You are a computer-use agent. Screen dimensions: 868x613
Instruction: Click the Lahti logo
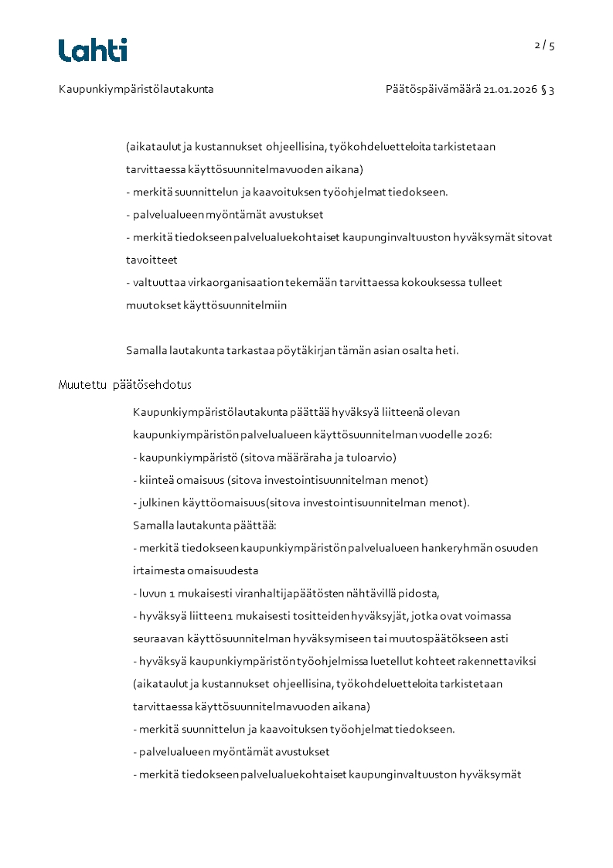(93, 50)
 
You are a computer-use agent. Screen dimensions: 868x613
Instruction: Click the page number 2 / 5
(544, 46)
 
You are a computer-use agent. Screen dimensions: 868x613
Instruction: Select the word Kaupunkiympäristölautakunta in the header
(136, 90)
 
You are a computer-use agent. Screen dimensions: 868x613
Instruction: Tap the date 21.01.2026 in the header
(510, 90)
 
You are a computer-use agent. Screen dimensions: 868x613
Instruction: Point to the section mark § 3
(547, 90)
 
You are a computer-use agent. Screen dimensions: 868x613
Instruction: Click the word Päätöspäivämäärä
(433, 90)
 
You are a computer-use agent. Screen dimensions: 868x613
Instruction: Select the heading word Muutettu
(81, 385)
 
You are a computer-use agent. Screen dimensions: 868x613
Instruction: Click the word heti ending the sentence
(448, 351)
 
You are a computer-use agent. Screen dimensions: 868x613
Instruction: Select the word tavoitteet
(152, 260)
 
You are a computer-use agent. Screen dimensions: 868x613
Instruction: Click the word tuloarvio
(371, 458)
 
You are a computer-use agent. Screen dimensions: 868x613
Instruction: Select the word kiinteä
(155, 480)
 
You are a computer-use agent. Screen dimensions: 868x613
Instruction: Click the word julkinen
(157, 503)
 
